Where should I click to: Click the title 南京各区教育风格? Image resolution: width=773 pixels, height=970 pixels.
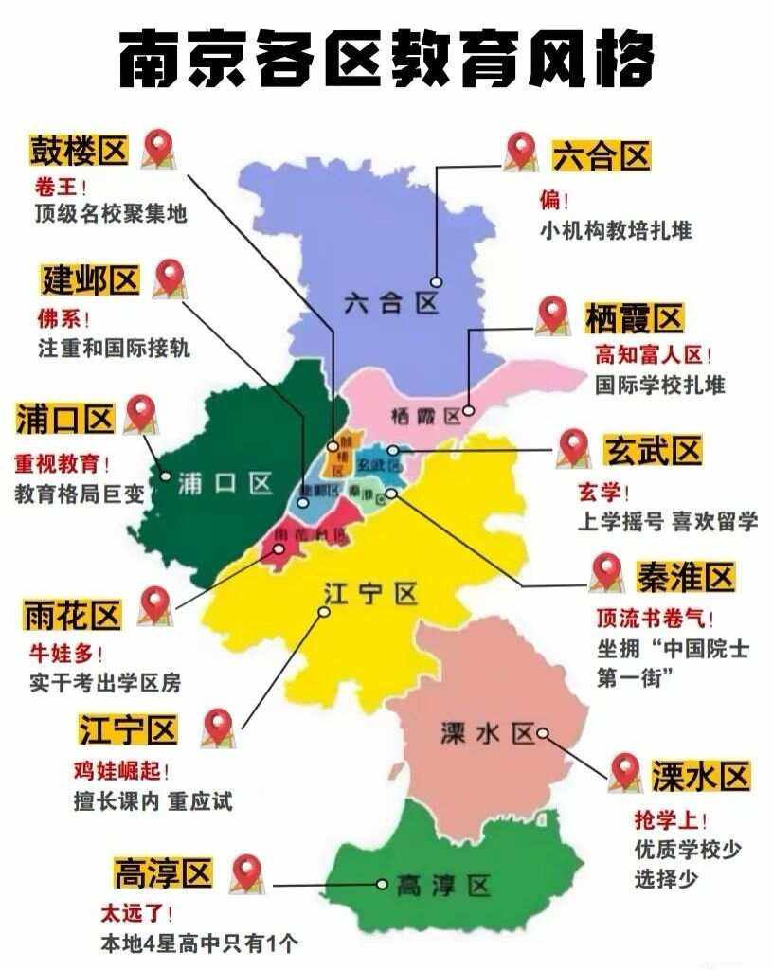[386, 60]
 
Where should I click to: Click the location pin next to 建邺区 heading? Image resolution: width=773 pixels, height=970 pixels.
[169, 277]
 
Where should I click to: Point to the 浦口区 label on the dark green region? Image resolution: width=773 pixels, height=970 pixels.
[225, 484]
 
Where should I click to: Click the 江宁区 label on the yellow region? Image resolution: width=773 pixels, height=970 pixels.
[369, 595]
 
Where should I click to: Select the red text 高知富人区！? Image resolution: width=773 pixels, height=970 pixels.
[653, 355]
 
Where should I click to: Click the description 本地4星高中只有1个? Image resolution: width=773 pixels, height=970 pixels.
[200, 943]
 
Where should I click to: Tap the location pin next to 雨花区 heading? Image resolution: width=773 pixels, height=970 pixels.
[153, 604]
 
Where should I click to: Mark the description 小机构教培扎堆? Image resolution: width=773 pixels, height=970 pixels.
[616, 230]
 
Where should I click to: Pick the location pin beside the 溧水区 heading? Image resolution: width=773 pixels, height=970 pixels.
[624, 772]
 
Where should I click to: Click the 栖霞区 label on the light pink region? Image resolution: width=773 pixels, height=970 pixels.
[424, 415]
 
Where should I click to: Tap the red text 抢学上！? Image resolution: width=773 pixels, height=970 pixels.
[671, 819]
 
